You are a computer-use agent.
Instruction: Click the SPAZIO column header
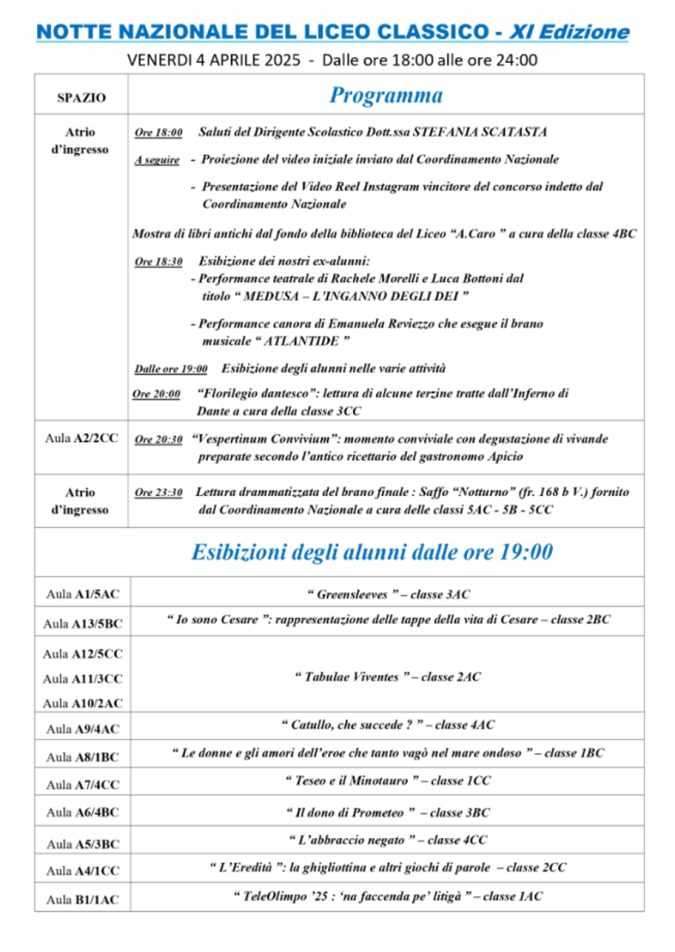[x=81, y=98]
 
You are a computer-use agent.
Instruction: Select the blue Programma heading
[x=386, y=96]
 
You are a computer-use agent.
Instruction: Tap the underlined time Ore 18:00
[x=159, y=132]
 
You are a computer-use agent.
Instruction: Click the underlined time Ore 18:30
[x=159, y=262]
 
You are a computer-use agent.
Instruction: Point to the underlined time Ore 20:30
[x=159, y=439]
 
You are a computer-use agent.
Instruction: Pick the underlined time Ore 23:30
[x=159, y=493]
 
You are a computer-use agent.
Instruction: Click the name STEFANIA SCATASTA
[x=480, y=132]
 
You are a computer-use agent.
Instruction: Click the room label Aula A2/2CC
[x=82, y=438]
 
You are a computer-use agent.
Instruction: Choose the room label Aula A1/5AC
[x=82, y=594]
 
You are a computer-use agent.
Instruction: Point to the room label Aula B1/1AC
[x=82, y=899]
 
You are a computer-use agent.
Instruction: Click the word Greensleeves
[x=352, y=594]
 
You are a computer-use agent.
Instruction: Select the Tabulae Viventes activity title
[x=352, y=677]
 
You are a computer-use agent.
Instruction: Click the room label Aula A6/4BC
[x=82, y=812]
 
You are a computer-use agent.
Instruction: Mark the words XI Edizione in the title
[x=569, y=32]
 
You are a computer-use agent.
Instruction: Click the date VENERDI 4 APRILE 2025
[x=214, y=60]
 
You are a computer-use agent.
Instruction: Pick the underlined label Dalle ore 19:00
[x=171, y=369]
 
